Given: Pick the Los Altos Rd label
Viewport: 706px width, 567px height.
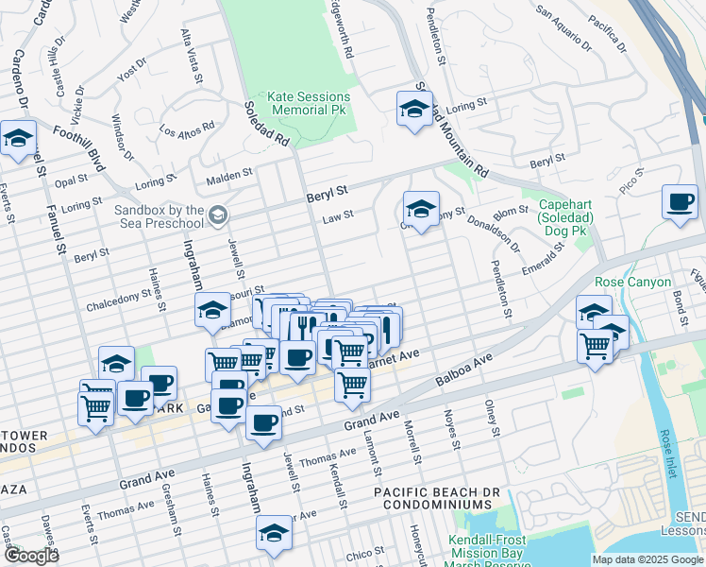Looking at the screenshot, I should pyautogui.click(x=187, y=127).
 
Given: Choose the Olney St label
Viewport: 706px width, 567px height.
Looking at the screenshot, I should pyautogui.click(x=491, y=418).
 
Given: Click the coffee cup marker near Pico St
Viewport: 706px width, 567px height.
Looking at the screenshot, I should pyautogui.click(x=680, y=202).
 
